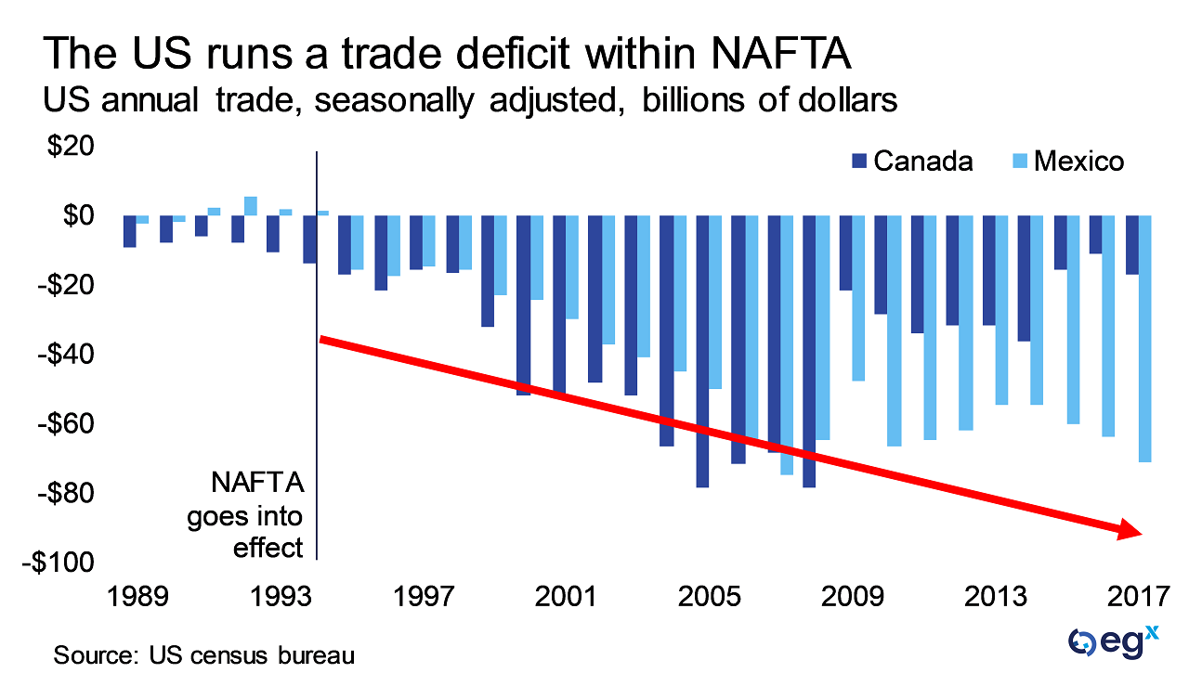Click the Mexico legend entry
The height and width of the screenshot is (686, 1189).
1067,162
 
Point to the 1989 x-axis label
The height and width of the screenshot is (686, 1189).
138,595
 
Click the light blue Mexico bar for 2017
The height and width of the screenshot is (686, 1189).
1144,338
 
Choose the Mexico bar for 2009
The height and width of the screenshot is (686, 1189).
857,298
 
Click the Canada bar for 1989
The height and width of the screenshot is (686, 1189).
130,231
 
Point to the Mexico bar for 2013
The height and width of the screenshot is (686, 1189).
1001,310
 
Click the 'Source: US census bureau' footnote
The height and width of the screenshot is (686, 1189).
204,655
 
